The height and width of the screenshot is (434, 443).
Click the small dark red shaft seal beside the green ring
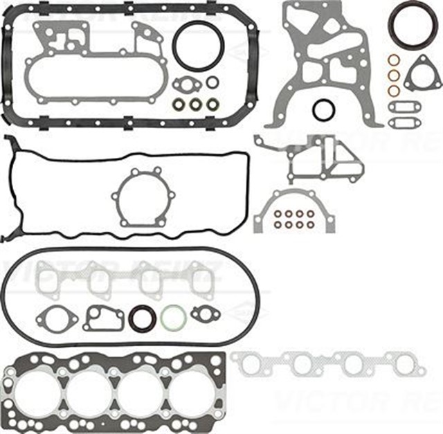pos(141,318)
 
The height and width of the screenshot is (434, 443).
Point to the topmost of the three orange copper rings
pos(393,60)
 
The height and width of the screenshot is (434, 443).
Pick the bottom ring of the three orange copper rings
pos(393,90)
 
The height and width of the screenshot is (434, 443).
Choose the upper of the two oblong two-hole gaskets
pos(404,107)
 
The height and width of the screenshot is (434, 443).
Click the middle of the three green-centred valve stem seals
pos(195,105)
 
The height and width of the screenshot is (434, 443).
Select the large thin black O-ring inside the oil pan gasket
pos(197,46)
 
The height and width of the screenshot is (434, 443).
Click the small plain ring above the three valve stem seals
pos(212,82)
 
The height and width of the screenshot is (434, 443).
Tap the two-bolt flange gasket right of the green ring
pos(205,314)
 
